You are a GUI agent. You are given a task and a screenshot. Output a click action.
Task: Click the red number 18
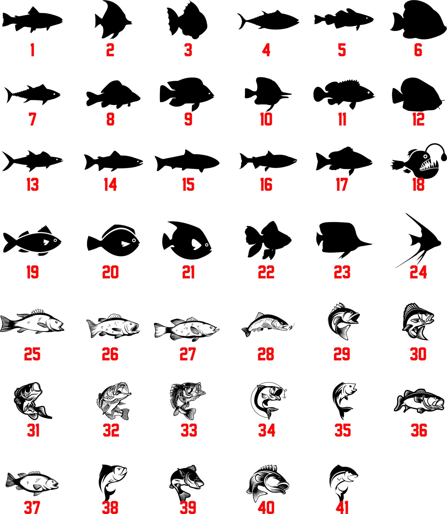pos(418,185)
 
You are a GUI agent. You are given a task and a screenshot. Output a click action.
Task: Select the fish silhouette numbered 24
pos(418,240)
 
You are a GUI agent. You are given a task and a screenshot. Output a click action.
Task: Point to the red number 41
pos(342,507)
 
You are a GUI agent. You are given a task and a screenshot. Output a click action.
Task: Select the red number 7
pos(32,119)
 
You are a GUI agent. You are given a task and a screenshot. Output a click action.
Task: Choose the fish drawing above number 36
pos(419,401)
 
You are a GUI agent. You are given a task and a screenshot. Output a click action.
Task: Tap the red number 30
pos(418,354)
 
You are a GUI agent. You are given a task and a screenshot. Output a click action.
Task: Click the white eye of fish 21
pos(207,245)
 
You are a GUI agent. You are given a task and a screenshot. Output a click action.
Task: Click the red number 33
pos(189,430)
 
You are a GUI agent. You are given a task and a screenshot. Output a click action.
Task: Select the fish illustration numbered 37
pos(32,483)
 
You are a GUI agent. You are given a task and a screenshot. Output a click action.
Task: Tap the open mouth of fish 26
pos(137,328)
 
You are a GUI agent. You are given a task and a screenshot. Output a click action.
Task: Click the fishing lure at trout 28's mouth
pos(291,326)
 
